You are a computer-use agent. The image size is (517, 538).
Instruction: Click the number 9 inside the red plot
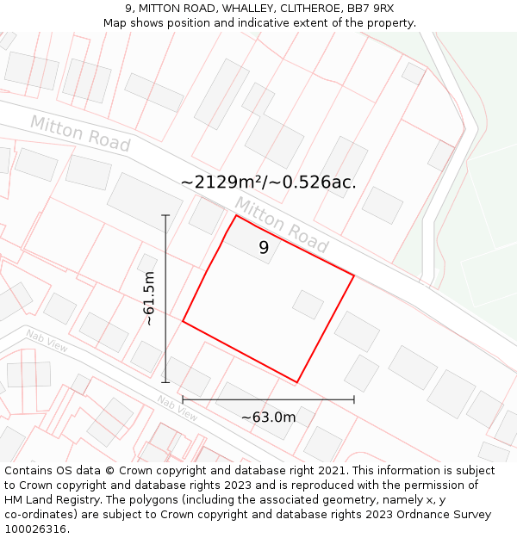[x=264, y=248]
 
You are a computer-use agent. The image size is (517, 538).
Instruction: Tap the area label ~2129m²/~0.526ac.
[x=268, y=182]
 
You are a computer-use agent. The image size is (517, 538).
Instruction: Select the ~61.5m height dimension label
[x=148, y=298]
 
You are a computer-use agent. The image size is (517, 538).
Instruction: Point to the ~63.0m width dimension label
[x=268, y=417]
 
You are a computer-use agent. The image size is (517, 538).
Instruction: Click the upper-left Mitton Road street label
[x=79, y=133]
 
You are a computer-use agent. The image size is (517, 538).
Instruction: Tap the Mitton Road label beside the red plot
[x=281, y=226]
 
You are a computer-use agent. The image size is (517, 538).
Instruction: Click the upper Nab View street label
[x=47, y=341]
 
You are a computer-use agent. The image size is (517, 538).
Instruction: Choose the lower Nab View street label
[x=178, y=408]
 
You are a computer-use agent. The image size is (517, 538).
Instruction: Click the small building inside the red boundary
[x=308, y=304]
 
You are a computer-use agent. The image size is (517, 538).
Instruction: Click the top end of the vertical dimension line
[x=165, y=215]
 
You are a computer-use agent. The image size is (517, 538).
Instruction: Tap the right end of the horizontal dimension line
[x=354, y=399]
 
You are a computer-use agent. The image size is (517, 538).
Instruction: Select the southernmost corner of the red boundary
[x=297, y=382]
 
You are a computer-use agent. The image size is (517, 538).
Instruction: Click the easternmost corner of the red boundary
[x=354, y=275]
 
